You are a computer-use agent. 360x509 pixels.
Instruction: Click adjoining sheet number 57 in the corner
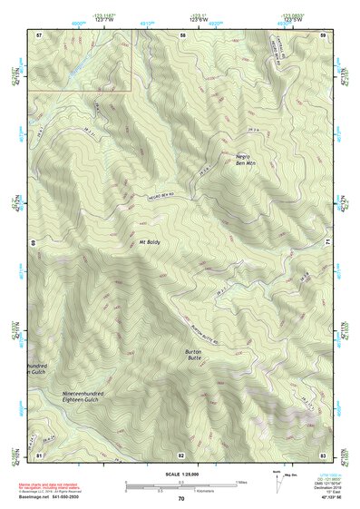(39, 34)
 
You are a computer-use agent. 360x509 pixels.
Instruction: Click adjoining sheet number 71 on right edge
(327, 243)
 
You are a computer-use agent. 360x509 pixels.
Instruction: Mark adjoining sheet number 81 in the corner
(39, 453)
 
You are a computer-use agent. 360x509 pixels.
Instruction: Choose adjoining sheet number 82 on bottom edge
(181, 453)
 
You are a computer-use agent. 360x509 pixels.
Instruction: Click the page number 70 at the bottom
(181, 498)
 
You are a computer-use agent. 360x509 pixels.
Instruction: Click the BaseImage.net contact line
(54, 497)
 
